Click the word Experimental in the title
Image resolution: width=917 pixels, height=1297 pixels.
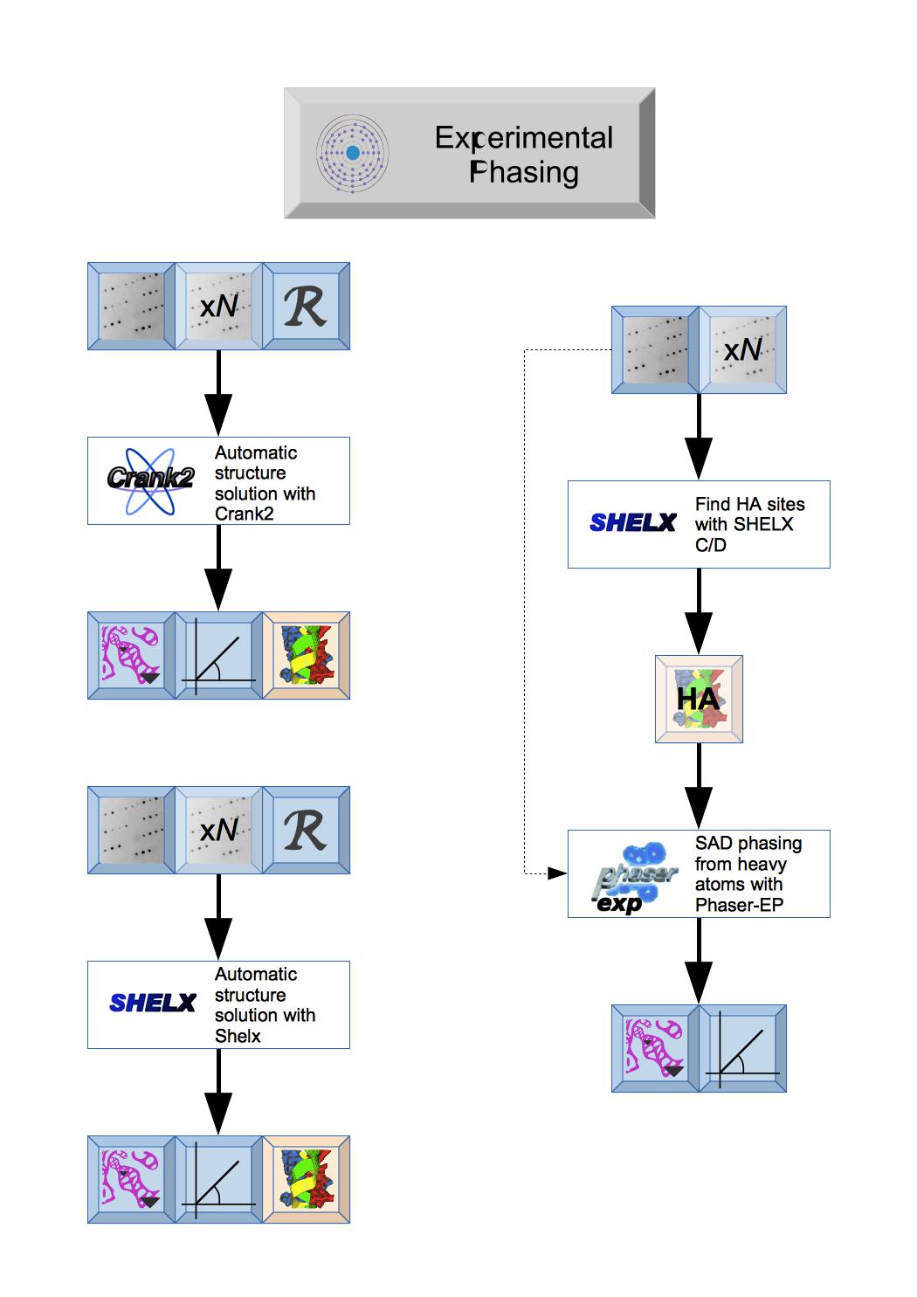524,138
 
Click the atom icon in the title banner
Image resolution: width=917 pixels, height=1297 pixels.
352,153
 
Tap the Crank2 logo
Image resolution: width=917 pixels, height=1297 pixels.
150,480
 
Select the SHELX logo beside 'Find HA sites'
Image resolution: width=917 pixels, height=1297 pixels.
632,523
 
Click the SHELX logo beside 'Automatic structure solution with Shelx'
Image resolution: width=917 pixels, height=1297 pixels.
152,1004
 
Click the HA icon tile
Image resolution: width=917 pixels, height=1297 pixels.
699,699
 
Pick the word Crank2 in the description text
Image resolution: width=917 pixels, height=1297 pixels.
245,514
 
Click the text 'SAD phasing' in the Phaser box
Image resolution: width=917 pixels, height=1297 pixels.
748,844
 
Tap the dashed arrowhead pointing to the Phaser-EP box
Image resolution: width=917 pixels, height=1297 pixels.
557,873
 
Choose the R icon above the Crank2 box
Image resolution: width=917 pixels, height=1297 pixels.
306,306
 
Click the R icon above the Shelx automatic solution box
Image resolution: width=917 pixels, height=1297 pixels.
306,830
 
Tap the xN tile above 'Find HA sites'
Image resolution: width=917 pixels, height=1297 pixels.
742,349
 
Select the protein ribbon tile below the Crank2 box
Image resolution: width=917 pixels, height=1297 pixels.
306,655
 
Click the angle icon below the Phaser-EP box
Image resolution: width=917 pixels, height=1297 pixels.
742,1048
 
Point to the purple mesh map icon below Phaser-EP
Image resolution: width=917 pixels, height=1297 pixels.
655,1048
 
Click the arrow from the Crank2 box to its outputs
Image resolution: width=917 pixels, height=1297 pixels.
218,568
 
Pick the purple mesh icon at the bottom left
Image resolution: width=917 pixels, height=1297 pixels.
131,1179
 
